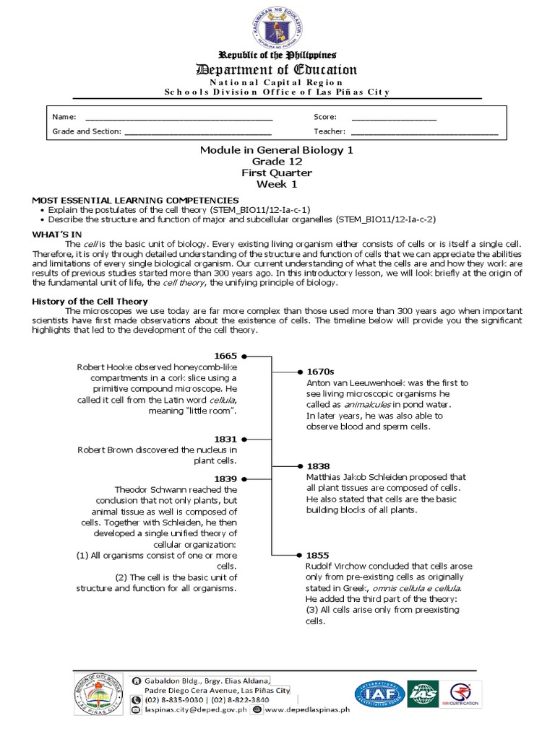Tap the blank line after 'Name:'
(x=179, y=117)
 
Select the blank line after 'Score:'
(x=394, y=117)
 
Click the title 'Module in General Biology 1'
(x=277, y=150)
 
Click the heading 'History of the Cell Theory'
(x=90, y=301)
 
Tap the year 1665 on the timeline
(x=226, y=356)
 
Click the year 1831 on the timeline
(x=226, y=438)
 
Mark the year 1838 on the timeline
(x=318, y=466)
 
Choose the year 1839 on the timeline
(x=226, y=478)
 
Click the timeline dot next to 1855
(x=298, y=556)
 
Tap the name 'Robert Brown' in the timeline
(x=105, y=450)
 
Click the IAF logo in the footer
(x=378, y=694)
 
